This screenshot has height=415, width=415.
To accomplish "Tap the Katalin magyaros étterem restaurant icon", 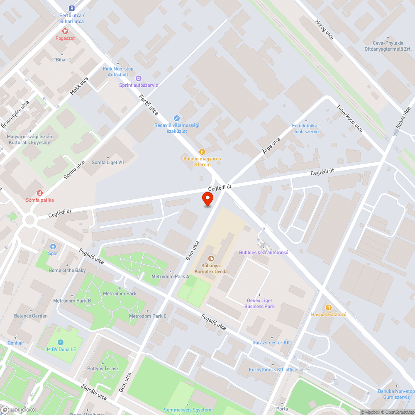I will pos(202,152).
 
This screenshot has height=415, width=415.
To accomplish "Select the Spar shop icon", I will pos(53,246).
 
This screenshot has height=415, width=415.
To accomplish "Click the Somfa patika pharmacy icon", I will pos(40,193).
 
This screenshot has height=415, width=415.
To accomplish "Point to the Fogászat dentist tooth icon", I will pos(65,31).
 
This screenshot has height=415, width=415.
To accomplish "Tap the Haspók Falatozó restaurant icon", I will pos(329,308).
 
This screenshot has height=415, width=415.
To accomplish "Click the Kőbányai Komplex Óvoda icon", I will pos(211,259).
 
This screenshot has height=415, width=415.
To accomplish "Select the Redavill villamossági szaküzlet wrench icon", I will pos(177,118).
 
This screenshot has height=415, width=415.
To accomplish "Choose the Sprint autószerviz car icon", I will pos(139,78).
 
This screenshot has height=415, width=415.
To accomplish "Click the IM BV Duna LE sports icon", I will pos(61,342).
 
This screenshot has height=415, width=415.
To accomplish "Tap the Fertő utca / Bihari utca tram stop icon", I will pos(72,8).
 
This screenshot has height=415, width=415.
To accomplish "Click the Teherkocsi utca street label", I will pos(349,118).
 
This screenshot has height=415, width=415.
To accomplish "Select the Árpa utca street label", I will pos(271,146).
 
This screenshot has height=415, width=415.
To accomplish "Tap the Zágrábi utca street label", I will pos(94,391).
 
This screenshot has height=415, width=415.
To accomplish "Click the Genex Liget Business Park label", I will pos(259,303).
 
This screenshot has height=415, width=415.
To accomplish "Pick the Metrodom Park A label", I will pos(170,276).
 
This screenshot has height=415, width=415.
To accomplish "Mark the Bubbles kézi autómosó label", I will pos(264,252).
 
